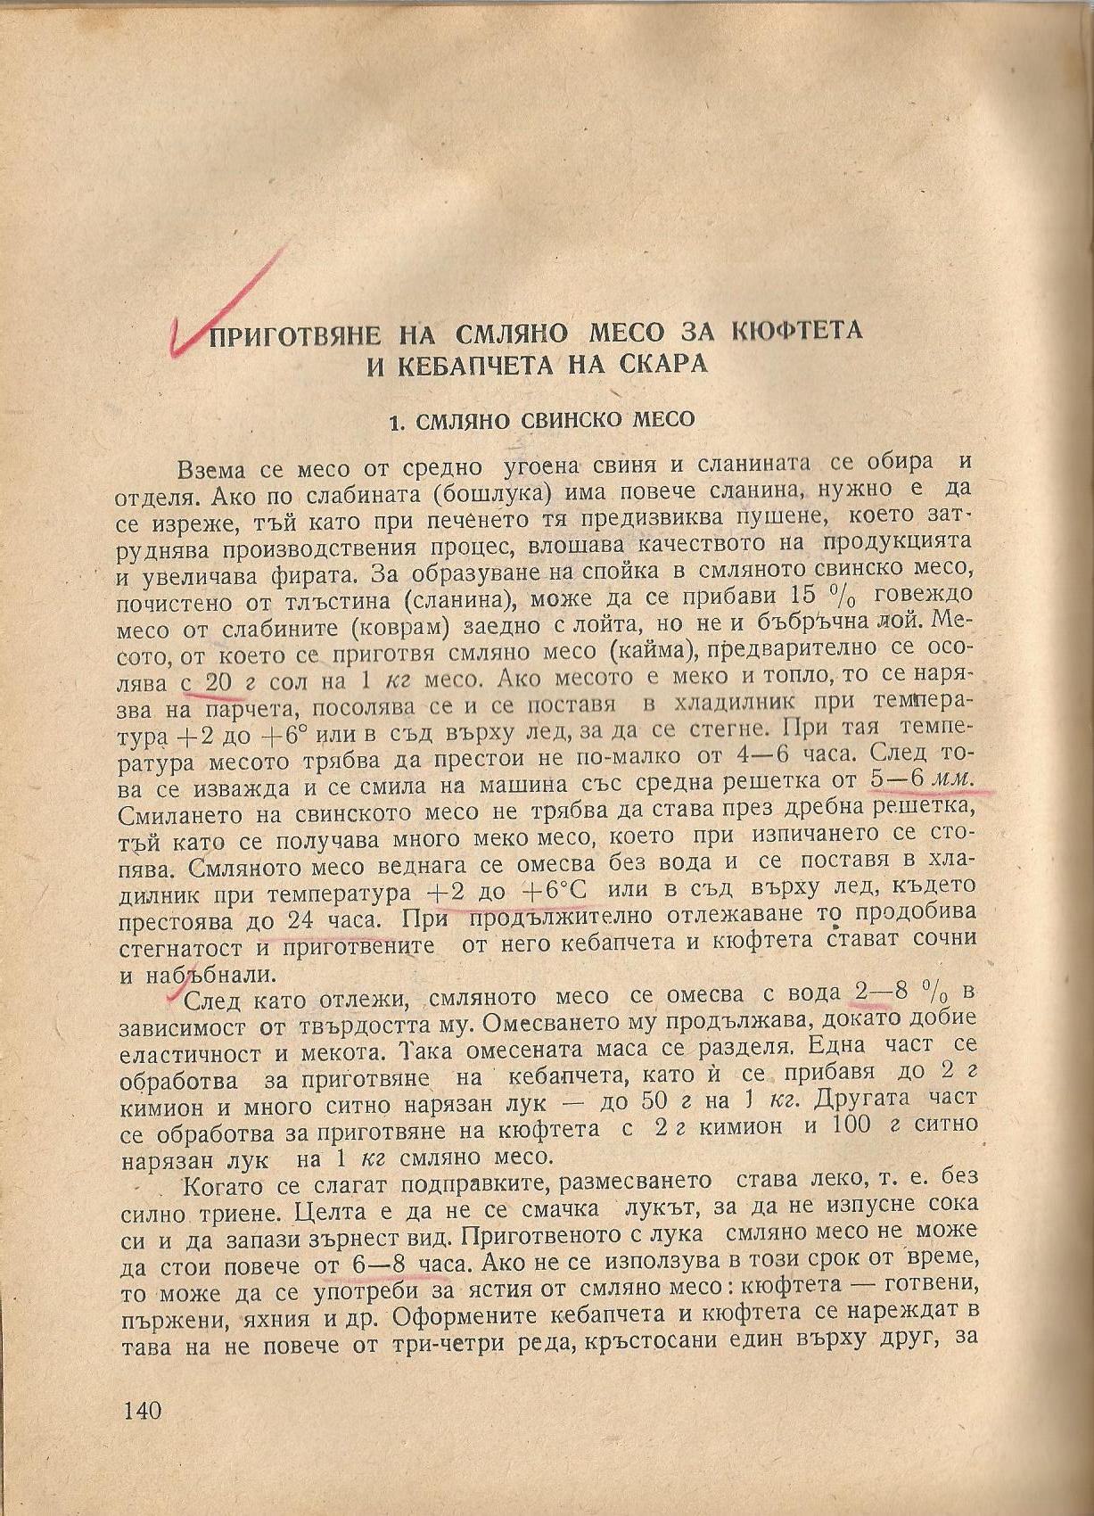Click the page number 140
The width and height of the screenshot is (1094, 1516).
click(143, 1411)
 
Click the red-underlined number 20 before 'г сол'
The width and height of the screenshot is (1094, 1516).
click(218, 682)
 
